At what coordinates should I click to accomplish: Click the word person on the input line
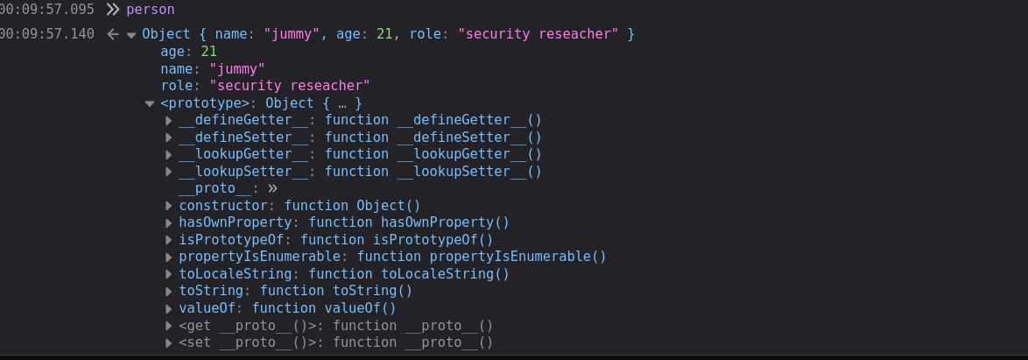tap(150, 10)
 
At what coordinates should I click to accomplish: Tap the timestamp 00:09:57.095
tap(47, 10)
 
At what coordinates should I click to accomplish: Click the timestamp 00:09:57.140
tap(47, 33)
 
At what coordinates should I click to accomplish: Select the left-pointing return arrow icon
tap(113, 34)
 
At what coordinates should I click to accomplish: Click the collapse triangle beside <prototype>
tap(150, 103)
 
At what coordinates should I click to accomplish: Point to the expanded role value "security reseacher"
tap(290, 86)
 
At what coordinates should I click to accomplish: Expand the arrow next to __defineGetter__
tap(168, 121)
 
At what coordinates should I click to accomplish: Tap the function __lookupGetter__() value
tap(433, 154)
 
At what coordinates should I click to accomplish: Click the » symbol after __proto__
tap(272, 189)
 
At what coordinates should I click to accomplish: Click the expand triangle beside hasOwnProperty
tap(168, 223)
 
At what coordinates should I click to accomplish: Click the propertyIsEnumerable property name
tap(259, 257)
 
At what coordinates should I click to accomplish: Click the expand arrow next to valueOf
tap(168, 308)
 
